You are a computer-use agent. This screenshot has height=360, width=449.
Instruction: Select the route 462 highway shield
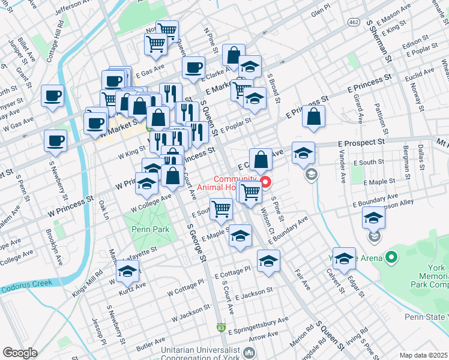click(354, 22)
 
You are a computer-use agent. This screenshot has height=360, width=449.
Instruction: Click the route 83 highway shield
click(221, 328)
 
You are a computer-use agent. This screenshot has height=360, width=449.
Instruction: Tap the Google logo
click(20, 353)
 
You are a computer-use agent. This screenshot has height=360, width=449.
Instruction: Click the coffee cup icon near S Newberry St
click(55, 142)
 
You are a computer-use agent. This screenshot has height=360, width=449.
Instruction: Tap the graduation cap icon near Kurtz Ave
click(127, 273)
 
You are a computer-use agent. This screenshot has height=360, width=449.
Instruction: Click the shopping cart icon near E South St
click(221, 209)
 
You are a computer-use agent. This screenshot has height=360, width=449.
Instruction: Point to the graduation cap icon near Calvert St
click(344, 259)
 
